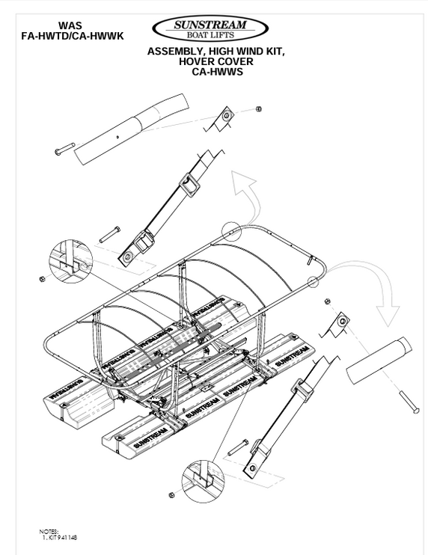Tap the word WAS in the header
[68, 25]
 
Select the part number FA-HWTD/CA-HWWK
[69, 34]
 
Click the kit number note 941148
[67, 537]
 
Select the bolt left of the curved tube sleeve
[66, 151]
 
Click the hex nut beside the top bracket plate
[258, 109]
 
